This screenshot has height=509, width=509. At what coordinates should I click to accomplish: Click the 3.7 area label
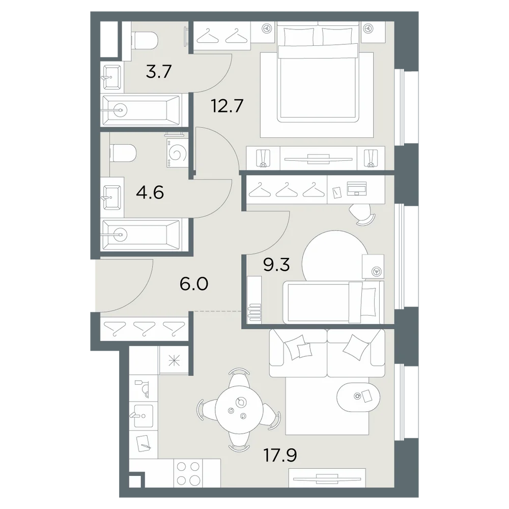click(x=158, y=72)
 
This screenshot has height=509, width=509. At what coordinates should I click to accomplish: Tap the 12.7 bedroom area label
click(x=227, y=105)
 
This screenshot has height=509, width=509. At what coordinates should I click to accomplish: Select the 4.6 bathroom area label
click(x=150, y=193)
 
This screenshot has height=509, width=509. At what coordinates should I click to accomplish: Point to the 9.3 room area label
click(x=276, y=265)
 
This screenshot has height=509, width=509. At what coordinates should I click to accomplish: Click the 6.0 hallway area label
click(x=194, y=284)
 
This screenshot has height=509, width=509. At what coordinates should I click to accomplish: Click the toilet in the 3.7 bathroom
click(x=145, y=40)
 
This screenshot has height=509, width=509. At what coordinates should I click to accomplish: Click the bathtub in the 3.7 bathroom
click(x=141, y=110)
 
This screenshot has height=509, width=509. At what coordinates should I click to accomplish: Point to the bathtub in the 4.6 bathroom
click(x=141, y=234)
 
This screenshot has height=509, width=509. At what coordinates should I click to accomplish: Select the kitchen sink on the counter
click(x=144, y=416)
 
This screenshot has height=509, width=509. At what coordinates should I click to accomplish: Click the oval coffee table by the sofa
click(x=358, y=397)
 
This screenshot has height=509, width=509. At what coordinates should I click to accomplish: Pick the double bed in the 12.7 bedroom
click(x=318, y=74)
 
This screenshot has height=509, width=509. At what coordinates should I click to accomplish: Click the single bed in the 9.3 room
click(x=333, y=302)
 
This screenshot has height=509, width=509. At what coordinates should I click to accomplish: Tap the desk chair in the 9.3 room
click(x=362, y=214)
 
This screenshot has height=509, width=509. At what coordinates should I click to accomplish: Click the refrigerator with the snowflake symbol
click(x=174, y=361)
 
